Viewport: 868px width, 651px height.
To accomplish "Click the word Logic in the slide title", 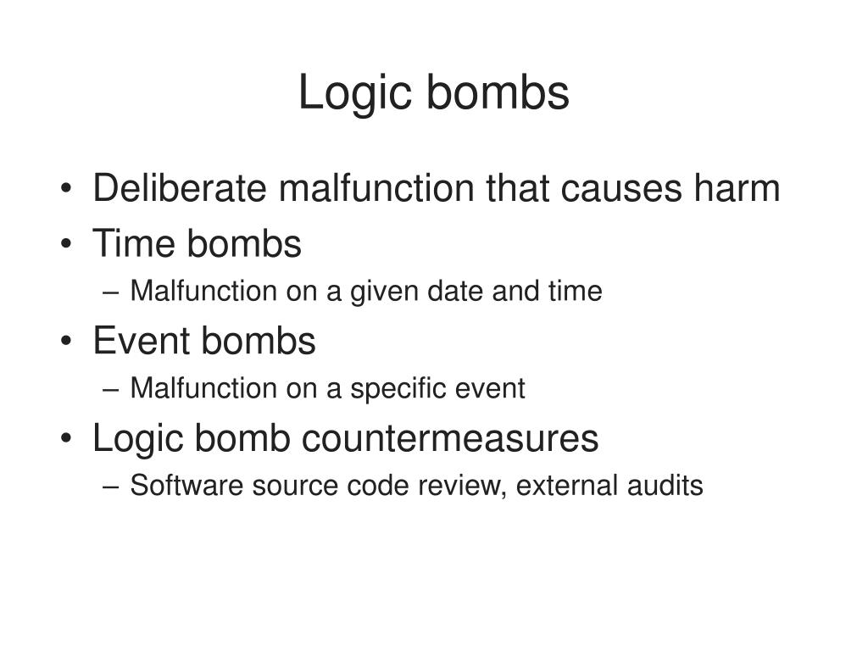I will pos(353,94).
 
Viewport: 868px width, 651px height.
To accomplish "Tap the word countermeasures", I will pos(450,438).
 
